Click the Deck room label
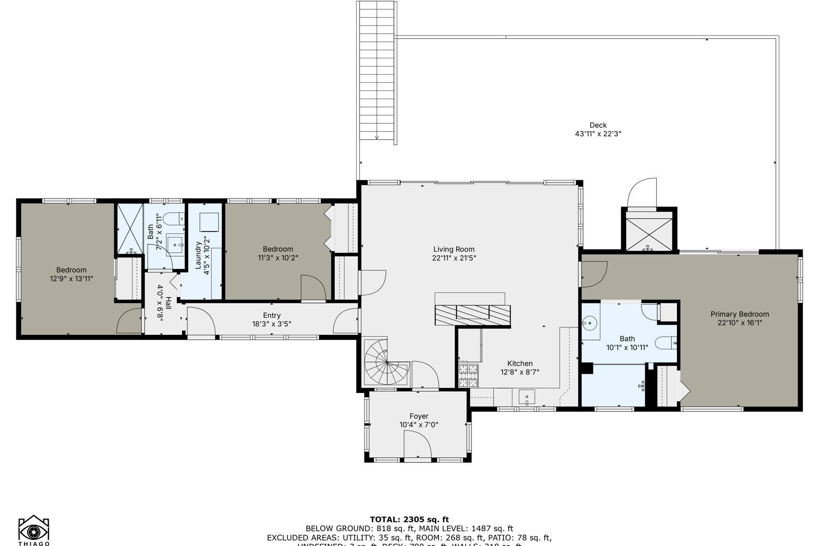[598, 125]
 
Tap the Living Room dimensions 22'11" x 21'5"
[454, 258]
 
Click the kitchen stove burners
[468, 375]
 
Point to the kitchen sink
[526, 397]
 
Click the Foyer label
[419, 416]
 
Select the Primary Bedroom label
[739, 314]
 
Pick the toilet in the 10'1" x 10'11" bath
[665, 343]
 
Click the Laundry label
[198, 255]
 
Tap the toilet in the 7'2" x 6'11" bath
[173, 219]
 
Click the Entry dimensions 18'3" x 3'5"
[272, 324]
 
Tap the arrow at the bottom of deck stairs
[377, 137]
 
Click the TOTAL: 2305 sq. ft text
[409, 519]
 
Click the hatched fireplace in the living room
[472, 315]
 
